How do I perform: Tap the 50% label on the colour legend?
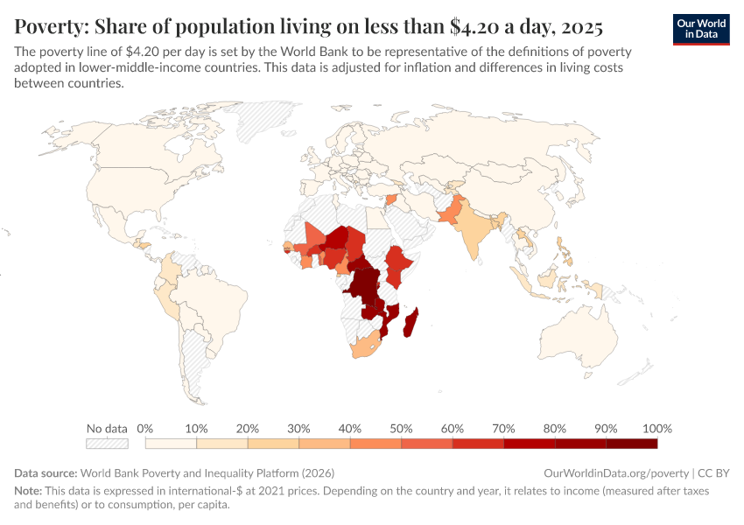[x=401, y=429]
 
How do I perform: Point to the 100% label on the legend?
[x=656, y=429]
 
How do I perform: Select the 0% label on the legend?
[x=145, y=429]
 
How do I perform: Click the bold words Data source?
[x=46, y=472]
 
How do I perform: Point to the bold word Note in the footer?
[x=30, y=492]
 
